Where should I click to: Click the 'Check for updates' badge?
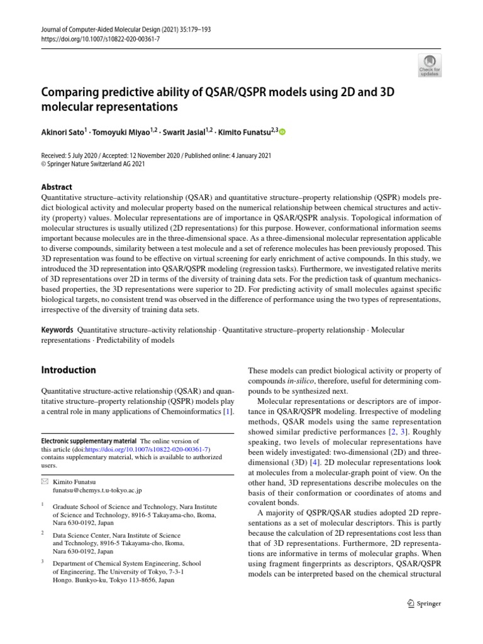click(x=429, y=64)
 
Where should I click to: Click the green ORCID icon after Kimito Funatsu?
click(x=282, y=132)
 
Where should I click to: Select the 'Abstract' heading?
click(x=57, y=187)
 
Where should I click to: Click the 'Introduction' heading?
click(x=69, y=370)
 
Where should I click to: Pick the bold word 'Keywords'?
click(x=57, y=330)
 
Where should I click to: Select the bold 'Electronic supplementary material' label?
click(x=89, y=441)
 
